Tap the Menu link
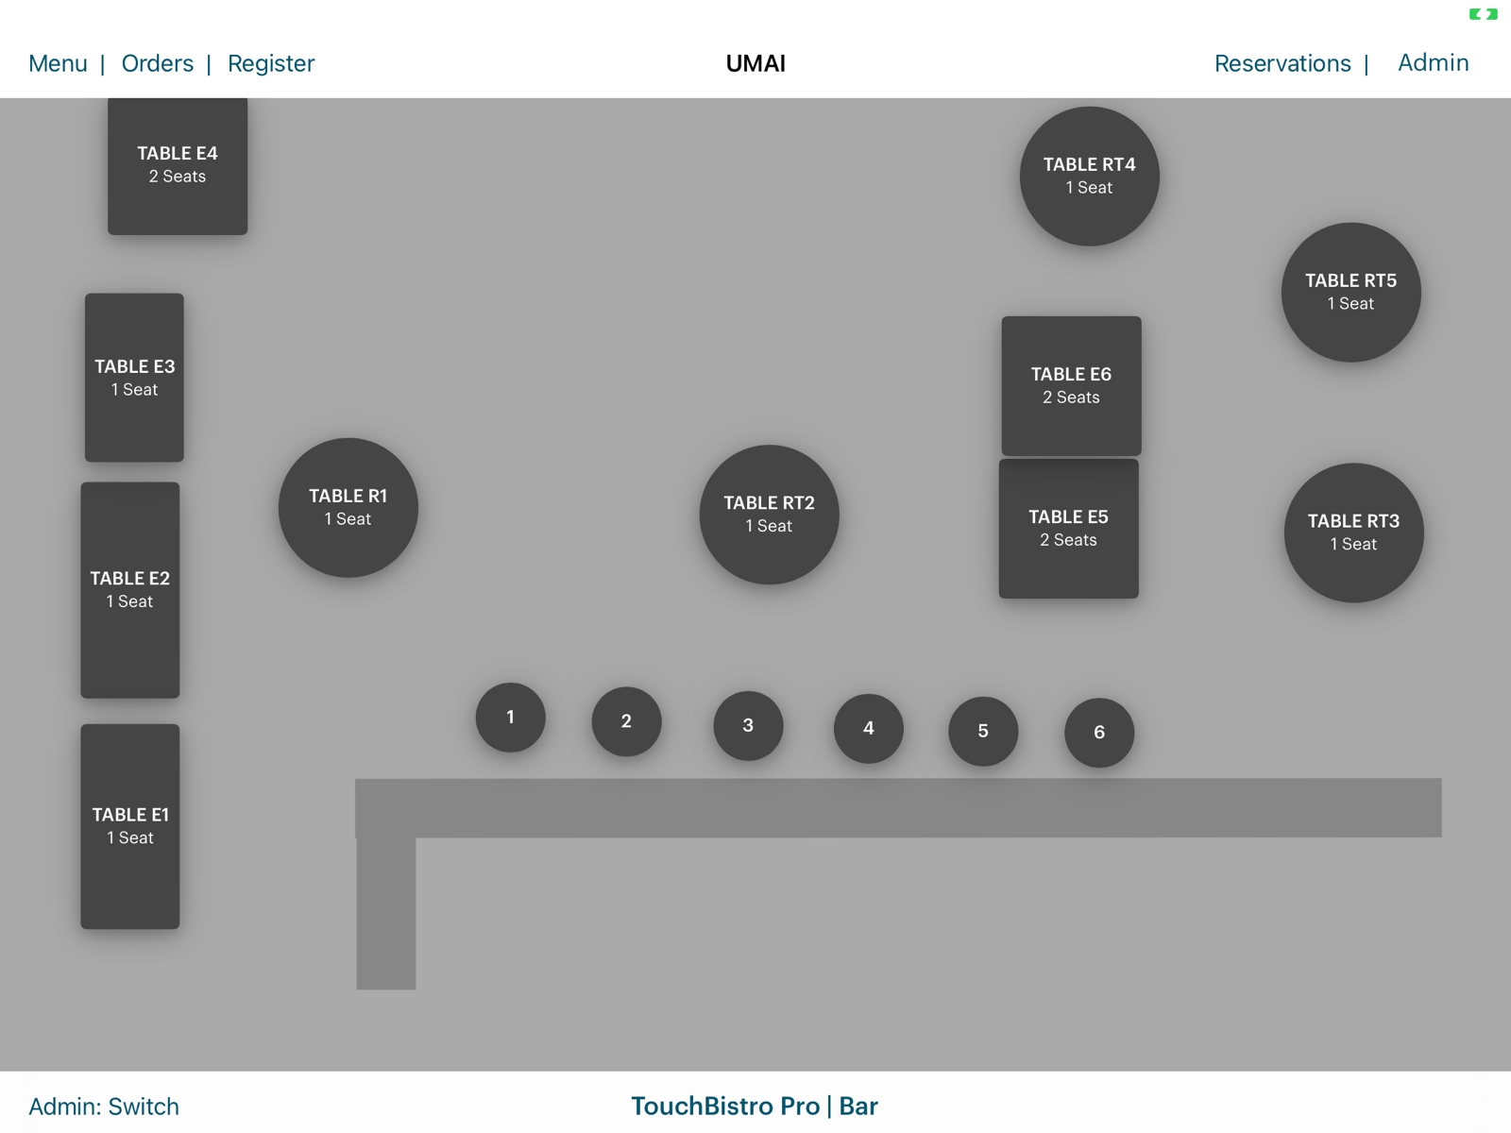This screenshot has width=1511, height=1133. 58,63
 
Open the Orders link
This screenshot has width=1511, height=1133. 157,63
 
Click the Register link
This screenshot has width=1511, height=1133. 271,63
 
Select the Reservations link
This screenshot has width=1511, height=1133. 1282,63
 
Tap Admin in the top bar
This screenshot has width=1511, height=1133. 1433,62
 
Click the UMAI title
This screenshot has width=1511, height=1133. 755,63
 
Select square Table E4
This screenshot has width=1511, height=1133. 178,165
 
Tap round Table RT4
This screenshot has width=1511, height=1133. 1089,177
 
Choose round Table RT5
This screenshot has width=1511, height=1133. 1350,293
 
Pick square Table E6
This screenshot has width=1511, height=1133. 1071,385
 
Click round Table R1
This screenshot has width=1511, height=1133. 348,507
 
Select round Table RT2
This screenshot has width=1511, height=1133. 769,515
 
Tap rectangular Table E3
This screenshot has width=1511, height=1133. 134,378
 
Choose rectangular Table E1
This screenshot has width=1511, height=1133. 130,826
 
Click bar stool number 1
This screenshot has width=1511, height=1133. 510,718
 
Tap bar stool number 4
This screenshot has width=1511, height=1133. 868,728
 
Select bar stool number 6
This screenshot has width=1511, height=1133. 1099,733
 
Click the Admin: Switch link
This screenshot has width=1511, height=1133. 104,1107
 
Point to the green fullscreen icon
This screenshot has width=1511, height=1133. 1483,14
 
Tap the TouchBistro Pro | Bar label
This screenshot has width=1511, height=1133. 755,1107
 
